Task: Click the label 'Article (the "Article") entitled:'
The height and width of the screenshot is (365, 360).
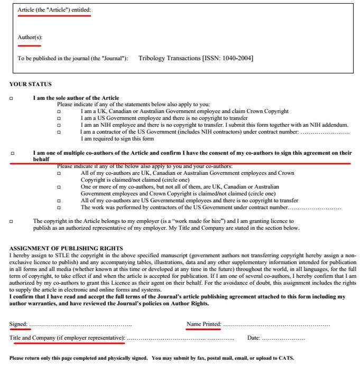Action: [54, 11]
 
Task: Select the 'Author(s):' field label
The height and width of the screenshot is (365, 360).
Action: [30, 38]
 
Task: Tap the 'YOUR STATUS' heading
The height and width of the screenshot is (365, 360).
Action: [31, 84]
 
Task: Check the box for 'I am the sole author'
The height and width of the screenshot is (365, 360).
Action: [12, 98]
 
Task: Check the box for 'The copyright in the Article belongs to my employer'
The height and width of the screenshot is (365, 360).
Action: [12, 221]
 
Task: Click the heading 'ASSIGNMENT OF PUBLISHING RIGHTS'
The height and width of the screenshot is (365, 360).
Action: [66, 248]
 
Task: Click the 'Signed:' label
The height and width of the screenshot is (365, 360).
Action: [19, 324]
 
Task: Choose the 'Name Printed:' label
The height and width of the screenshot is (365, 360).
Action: [204, 324]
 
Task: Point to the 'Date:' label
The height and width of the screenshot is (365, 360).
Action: [254, 338]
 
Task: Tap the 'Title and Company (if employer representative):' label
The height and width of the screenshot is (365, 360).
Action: [67, 338]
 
